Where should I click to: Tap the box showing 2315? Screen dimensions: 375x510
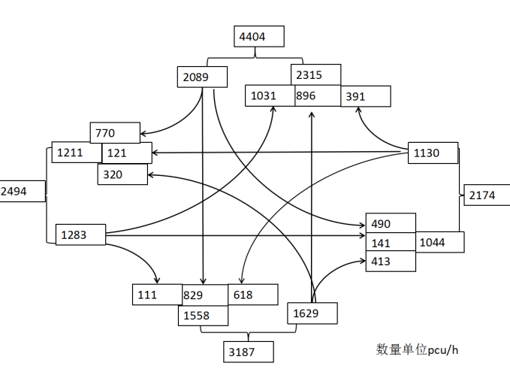[x=316, y=75]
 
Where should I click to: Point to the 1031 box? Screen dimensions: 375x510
[x=270, y=96]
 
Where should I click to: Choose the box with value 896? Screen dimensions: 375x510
[x=316, y=96]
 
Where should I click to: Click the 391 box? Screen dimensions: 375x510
[x=366, y=96]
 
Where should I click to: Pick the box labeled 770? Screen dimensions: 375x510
[x=114, y=133]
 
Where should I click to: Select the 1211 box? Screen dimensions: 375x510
[x=76, y=153]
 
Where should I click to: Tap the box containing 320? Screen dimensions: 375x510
[x=122, y=174]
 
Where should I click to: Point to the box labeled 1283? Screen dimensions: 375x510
[x=80, y=234]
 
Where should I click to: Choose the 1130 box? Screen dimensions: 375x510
[x=433, y=153]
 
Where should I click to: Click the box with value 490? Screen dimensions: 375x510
[x=390, y=223]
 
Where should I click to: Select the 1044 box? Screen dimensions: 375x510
[x=440, y=242]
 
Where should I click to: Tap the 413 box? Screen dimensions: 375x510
[x=390, y=262]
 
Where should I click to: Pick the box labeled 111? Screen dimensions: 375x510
[x=156, y=295]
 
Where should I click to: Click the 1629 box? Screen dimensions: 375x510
[x=312, y=312]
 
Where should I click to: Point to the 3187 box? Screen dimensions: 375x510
[x=248, y=352]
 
